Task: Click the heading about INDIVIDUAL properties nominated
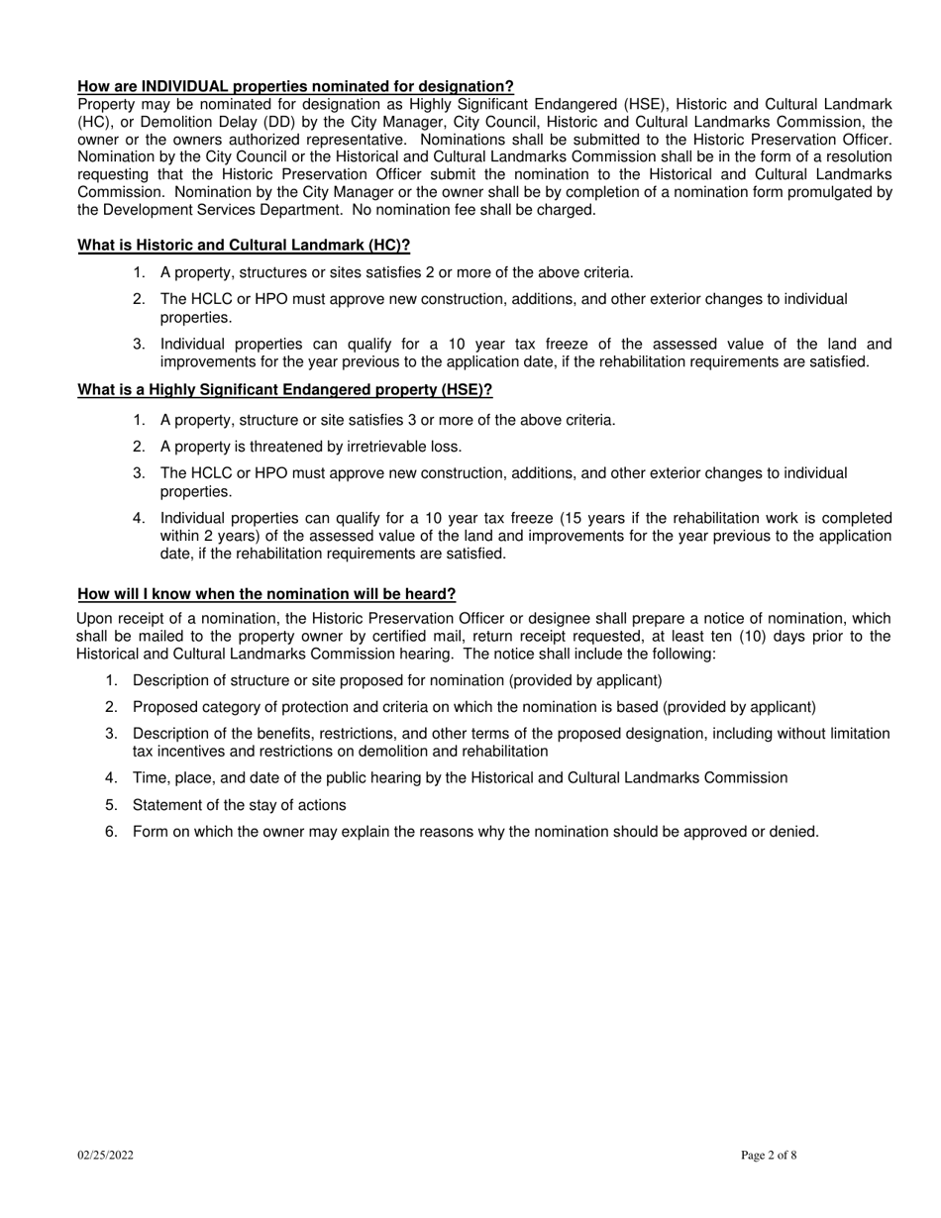click(295, 87)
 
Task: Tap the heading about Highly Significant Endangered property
click(285, 390)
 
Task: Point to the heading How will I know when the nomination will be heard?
click(267, 594)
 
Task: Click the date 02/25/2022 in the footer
click(106, 1155)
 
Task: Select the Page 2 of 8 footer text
click(769, 1155)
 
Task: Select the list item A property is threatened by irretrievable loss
click(311, 447)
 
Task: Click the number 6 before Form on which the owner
click(110, 832)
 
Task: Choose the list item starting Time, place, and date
click(460, 778)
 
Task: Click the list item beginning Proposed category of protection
click(473, 707)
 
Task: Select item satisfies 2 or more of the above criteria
click(396, 273)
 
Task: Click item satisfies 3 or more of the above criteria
click(387, 420)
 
